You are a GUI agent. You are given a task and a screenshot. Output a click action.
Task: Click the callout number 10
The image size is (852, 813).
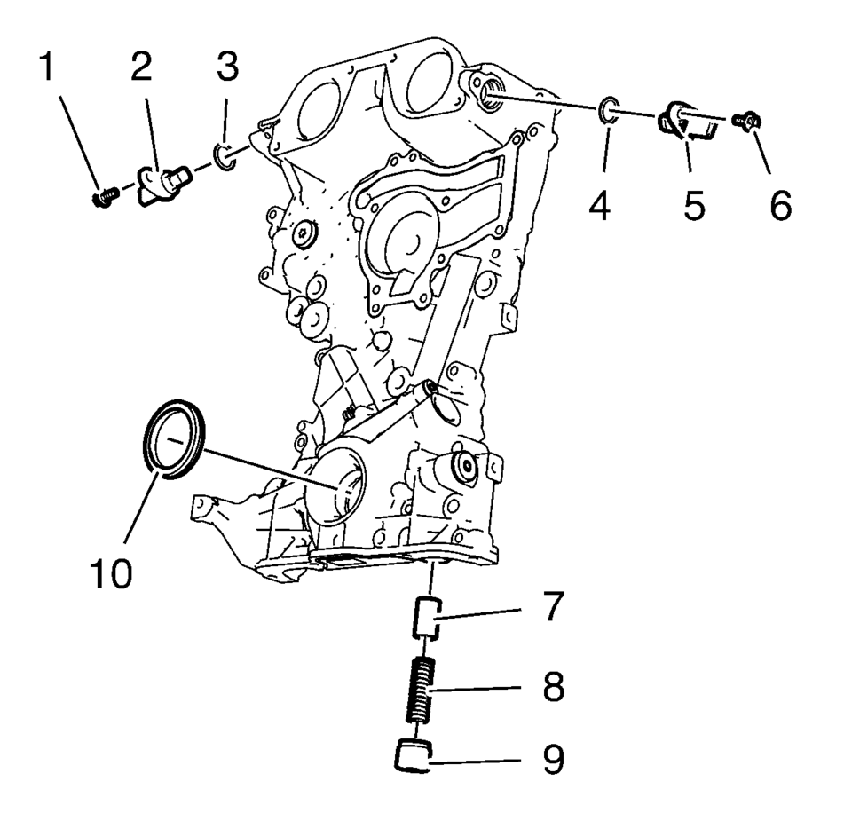pos(112,572)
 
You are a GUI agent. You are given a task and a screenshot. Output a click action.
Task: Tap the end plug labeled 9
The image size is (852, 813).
pos(412,755)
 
